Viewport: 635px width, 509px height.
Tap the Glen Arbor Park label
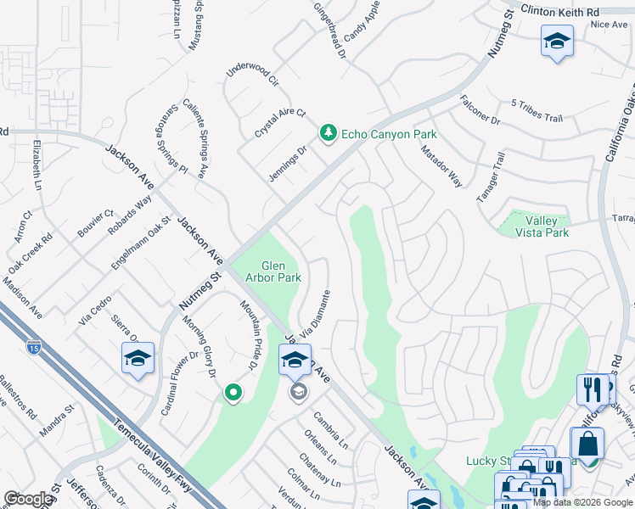click(273, 271)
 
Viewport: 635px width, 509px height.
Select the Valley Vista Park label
click(542, 227)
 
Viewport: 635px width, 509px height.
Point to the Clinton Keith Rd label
click(560, 13)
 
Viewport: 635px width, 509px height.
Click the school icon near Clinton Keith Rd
click(557, 41)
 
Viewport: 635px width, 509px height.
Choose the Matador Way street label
click(441, 165)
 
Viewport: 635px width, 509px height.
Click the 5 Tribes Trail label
click(537, 109)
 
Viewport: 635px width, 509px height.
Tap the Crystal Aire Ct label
click(279, 123)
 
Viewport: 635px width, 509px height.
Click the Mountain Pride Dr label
click(247, 335)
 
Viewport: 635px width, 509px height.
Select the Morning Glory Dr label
click(199, 346)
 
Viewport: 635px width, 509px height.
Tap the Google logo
click(28, 499)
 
